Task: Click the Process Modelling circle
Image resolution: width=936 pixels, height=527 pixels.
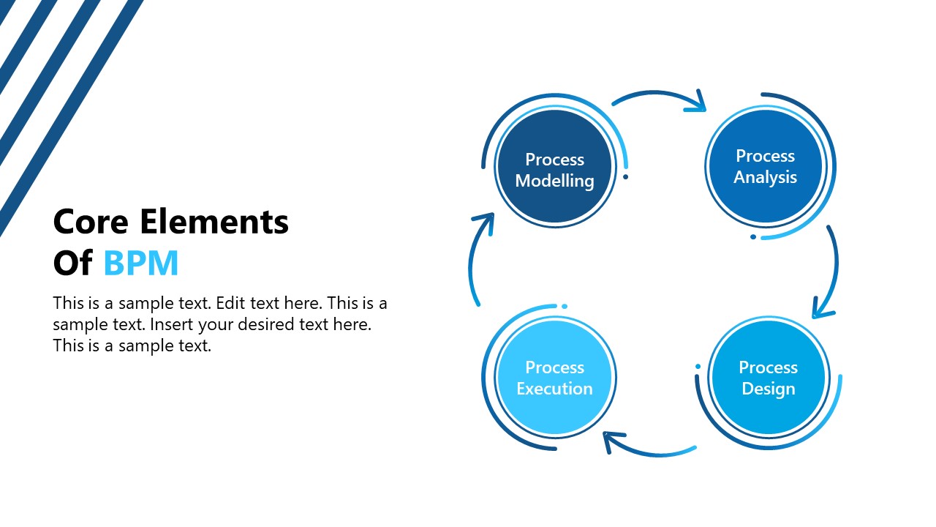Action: point(554,168)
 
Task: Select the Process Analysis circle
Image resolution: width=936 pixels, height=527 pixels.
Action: point(765,167)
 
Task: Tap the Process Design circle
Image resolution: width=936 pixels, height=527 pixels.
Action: point(768,378)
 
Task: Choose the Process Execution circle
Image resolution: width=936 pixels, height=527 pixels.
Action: point(554,378)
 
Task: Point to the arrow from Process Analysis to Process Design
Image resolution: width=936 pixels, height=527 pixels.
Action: point(833,271)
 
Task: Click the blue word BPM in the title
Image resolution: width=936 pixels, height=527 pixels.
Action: point(141,263)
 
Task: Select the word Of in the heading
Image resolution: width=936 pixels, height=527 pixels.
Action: point(72,263)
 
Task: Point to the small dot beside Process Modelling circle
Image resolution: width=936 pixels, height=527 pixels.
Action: point(625,177)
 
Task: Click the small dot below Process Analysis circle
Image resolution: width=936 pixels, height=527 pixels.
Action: point(753,236)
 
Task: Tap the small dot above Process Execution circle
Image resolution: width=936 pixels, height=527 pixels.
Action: point(565,306)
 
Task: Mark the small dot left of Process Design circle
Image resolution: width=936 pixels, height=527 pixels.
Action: point(698,366)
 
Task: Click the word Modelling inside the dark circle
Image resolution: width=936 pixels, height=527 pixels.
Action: point(554,181)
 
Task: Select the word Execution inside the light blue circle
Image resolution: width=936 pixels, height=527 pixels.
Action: point(554,389)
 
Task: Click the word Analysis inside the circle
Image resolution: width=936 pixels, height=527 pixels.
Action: point(765,177)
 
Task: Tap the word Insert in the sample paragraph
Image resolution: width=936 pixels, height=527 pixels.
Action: point(170,324)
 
